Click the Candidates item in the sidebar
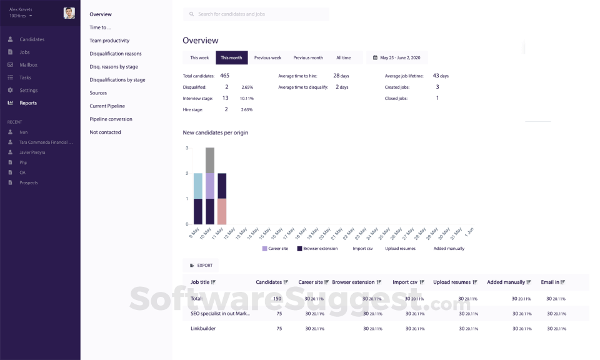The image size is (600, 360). point(31,39)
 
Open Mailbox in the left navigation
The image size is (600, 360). point(28,65)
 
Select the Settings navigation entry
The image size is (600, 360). point(28,91)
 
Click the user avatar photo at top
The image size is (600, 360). point(69,13)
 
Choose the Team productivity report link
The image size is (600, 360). point(109,41)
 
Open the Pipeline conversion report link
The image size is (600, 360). point(111,119)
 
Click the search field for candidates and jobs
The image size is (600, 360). point(256,14)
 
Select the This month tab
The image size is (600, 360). point(231,57)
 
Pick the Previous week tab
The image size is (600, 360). point(267,57)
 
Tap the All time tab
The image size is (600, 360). point(343,57)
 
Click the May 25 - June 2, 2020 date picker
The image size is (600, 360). point(397,57)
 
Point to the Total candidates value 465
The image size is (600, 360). point(224,76)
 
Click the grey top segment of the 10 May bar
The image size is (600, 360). point(210,160)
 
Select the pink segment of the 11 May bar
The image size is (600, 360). point(221,211)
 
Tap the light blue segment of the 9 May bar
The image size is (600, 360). point(198,186)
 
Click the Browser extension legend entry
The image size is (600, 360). point(317,249)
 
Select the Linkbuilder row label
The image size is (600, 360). point(204,328)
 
